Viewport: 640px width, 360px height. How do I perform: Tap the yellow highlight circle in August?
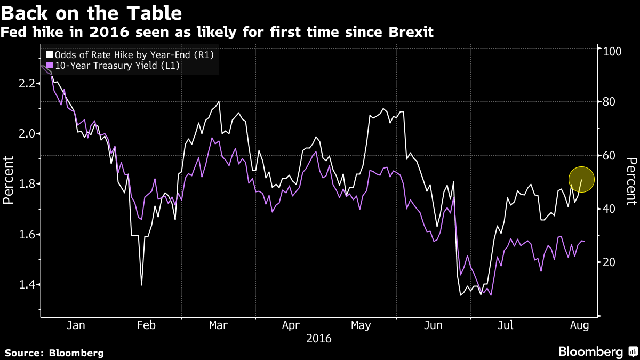[x=581, y=179]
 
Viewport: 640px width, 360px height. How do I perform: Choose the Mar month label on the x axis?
[x=219, y=325]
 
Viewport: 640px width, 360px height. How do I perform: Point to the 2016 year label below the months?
[x=318, y=338]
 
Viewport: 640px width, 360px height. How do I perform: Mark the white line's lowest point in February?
[x=141, y=285]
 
